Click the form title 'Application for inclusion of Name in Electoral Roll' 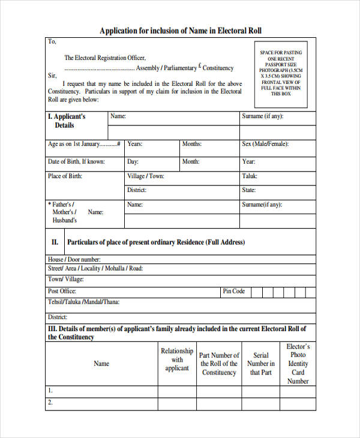click(x=180, y=31)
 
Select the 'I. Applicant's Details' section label click(x=66, y=121)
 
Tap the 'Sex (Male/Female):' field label click(x=265, y=145)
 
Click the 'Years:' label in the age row click(x=134, y=145)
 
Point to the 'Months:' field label click(x=191, y=145)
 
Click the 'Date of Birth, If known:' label click(x=76, y=162)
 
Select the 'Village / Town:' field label click(x=145, y=176)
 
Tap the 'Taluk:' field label click(x=250, y=176)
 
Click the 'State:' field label click(x=248, y=190)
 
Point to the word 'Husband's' click(x=65, y=220)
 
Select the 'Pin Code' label click(x=234, y=292)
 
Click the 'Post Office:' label click(x=62, y=292)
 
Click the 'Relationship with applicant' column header click(x=177, y=359)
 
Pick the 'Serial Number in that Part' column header click(x=261, y=364)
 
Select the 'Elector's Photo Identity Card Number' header click(x=298, y=364)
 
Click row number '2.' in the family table click(x=50, y=403)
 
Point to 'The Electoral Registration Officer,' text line click(x=105, y=58)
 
